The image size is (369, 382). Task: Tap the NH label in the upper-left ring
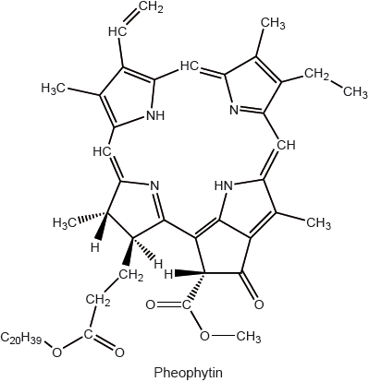coord(155,116)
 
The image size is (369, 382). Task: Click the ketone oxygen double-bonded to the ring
coord(259,303)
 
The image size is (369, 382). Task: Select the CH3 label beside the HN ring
coord(317,221)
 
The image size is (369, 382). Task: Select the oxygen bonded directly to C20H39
coord(56,351)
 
